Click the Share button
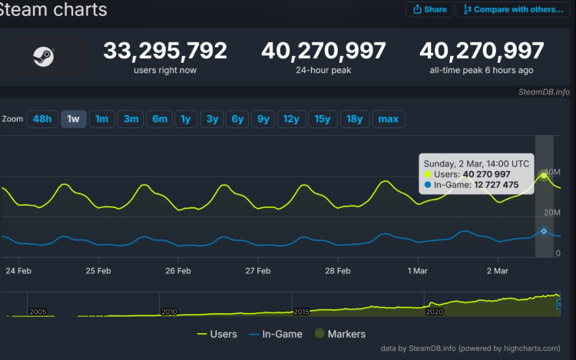[429, 9]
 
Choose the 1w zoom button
[74, 119]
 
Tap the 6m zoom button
[160, 119]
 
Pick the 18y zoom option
[354, 119]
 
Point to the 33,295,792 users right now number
[165, 51]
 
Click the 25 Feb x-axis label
[98, 270]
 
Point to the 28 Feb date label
[338, 270]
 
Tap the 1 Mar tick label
[417, 270]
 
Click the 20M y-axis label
[552, 213]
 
